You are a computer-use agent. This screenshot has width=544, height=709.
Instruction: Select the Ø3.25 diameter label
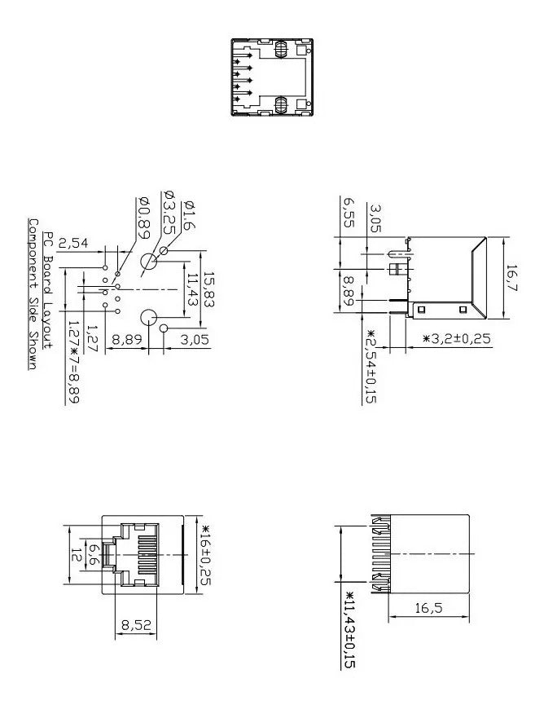[169, 213]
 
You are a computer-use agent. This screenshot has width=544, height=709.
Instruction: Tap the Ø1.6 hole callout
[189, 215]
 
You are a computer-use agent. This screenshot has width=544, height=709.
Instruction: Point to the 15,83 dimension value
[208, 290]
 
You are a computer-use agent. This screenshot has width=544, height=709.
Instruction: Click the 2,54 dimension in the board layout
[73, 244]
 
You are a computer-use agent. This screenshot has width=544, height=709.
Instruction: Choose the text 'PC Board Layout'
[48, 290]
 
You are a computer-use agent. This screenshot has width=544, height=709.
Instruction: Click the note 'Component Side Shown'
[33, 294]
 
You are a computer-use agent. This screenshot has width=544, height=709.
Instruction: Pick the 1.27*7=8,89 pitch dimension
[72, 362]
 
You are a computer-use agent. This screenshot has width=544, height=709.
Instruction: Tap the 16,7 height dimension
[511, 278]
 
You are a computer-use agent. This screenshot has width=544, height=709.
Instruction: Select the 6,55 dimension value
[349, 213]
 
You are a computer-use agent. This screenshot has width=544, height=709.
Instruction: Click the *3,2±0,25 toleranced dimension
[456, 338]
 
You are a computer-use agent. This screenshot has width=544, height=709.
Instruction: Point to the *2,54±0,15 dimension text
[371, 366]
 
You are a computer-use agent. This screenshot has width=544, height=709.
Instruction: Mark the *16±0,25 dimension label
[206, 555]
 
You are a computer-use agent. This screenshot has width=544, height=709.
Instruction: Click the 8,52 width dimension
[136, 625]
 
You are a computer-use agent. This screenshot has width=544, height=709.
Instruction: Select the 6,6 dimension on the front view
[94, 554]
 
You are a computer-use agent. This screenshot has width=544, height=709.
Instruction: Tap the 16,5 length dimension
[428, 608]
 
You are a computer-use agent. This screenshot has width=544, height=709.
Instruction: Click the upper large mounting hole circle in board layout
[148, 262]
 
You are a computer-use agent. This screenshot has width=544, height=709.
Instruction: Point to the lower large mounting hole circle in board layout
[148, 318]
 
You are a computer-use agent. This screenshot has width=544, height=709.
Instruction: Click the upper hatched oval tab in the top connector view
[281, 49]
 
